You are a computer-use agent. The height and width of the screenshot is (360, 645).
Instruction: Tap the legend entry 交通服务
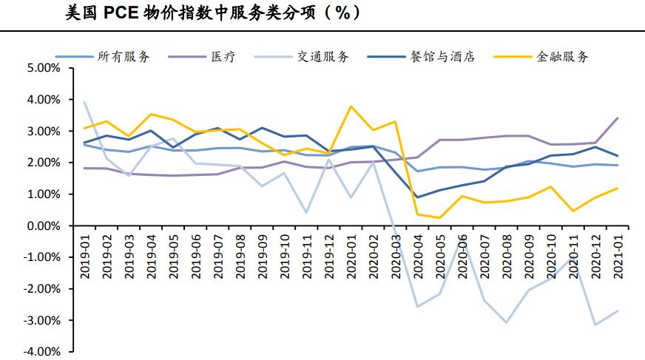pos(323,57)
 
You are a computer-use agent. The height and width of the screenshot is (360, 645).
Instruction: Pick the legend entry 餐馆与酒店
pos(442,57)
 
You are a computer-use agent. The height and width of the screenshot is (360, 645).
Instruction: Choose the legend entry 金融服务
pos(562,57)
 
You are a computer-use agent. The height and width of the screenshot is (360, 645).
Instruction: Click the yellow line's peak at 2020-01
pos(351,106)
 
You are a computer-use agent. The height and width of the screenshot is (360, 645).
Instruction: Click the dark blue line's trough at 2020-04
pos(417,197)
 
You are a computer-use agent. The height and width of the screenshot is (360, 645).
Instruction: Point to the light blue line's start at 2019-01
pos(84,103)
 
